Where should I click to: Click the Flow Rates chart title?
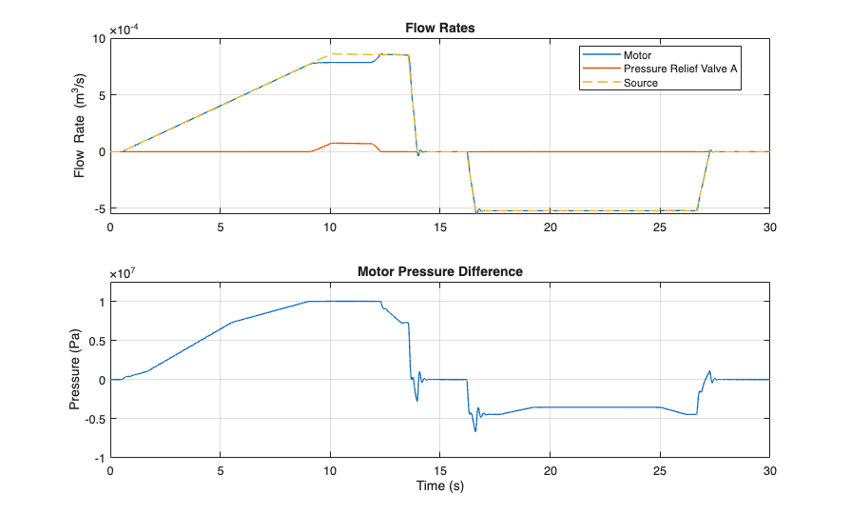tap(439, 28)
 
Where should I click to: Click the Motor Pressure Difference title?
tap(439, 271)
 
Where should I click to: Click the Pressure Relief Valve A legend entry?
tap(681, 69)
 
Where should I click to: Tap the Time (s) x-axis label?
tap(439, 486)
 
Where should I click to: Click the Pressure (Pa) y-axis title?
tap(76, 379)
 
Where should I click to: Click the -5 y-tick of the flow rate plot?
tap(99, 208)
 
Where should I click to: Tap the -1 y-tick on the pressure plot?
tap(99, 458)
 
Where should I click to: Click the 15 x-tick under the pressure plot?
tap(439, 470)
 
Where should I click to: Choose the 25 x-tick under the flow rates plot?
tap(660, 227)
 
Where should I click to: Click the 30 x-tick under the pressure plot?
tap(769, 470)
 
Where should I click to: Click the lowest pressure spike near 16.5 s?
tap(475, 431)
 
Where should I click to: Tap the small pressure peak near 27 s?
tap(709, 371)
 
